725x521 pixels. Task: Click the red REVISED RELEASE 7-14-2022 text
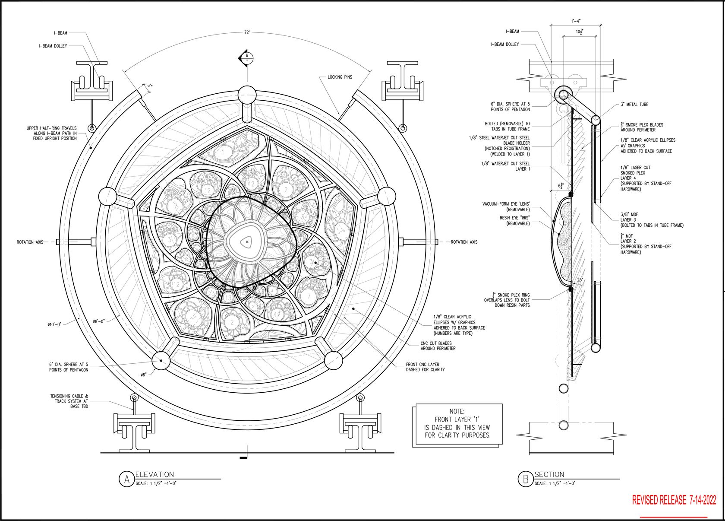point(674,500)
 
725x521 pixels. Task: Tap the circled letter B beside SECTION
point(525,479)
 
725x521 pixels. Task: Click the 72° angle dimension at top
point(247,33)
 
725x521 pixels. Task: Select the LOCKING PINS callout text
point(340,77)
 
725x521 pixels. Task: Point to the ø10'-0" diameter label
point(57,324)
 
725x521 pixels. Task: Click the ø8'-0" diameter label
point(101,321)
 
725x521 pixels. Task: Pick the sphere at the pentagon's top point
point(247,94)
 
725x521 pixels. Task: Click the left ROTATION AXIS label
point(31,242)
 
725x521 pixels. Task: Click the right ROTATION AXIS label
point(464,242)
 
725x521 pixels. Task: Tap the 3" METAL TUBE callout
point(634,105)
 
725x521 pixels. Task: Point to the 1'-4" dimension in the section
point(576,21)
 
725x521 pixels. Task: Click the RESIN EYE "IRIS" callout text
point(515,221)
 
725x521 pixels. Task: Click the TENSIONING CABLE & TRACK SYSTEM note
point(69,401)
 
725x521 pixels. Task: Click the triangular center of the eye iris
point(246,242)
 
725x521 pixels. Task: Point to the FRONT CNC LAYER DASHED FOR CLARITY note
point(425,367)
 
